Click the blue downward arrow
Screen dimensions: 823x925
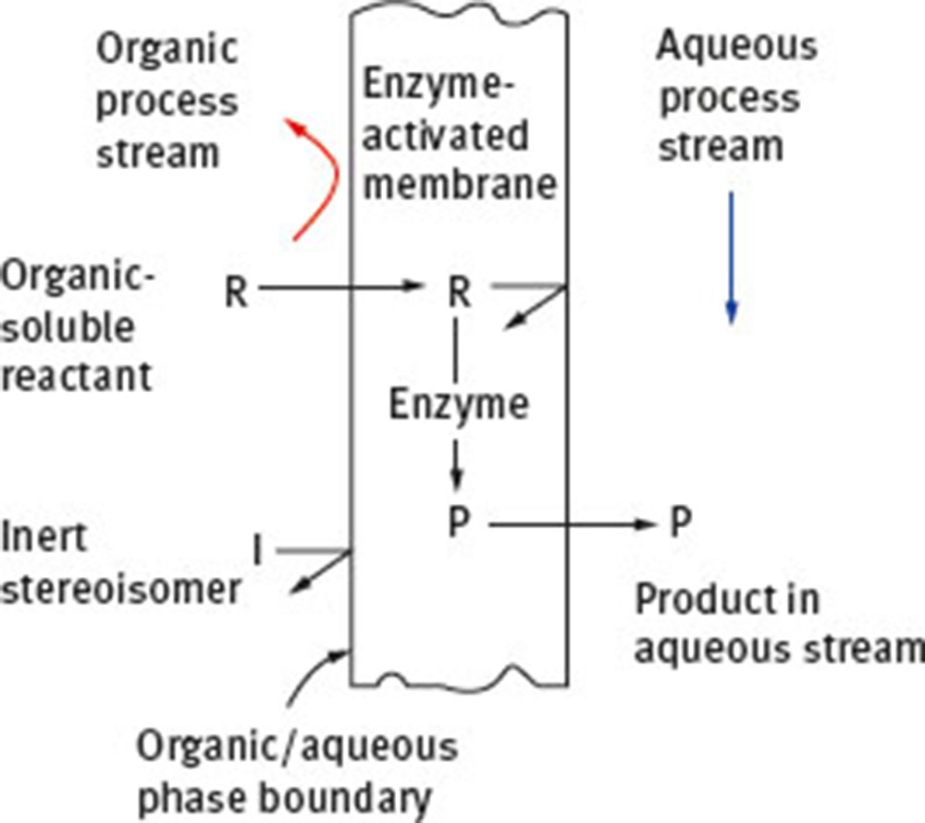coord(731,259)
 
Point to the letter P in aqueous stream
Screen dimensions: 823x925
coord(680,524)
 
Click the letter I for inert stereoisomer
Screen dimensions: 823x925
coord(258,552)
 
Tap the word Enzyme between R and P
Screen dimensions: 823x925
coord(459,405)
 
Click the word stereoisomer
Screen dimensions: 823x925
coord(120,588)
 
